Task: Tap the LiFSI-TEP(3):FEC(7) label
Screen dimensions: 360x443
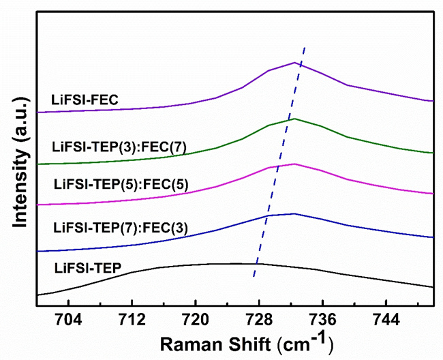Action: [x=119, y=145]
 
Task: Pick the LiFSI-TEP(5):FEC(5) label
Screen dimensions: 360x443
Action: [x=119, y=183]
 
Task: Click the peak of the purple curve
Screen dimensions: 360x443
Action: [x=294, y=62]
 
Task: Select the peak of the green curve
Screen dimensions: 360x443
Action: [x=294, y=119]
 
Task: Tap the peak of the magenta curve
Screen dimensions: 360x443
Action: [x=294, y=164]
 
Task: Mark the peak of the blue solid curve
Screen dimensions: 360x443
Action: [x=294, y=213]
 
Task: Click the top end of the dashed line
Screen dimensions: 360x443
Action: [x=304, y=47]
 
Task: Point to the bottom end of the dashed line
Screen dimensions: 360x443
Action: [x=254, y=277]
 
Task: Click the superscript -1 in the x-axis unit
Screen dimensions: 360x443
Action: [x=323, y=335]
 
